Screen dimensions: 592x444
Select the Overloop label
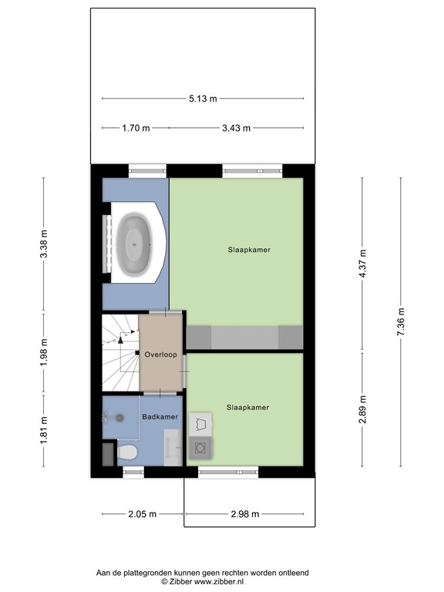point(160,355)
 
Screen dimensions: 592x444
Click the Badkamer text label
point(160,417)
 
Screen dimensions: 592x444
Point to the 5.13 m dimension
point(203,99)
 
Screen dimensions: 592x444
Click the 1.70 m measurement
point(135,128)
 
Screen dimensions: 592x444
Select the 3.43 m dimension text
point(236,128)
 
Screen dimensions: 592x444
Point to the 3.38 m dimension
point(44,243)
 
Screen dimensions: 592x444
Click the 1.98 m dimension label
point(44,352)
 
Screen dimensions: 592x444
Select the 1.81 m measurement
point(44,429)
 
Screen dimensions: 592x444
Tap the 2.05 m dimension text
point(143,514)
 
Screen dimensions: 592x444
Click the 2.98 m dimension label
point(244,514)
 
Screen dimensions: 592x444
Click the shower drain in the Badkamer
point(119,417)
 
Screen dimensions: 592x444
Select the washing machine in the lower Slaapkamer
point(201,446)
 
